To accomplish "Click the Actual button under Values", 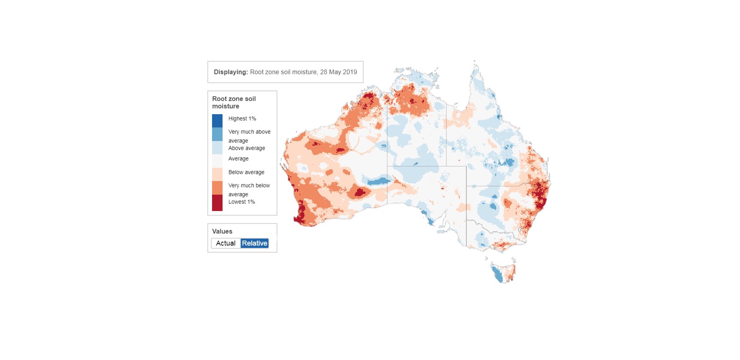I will (x=225, y=243).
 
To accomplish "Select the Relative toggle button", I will (x=255, y=243).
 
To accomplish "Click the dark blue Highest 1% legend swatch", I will (x=217, y=121).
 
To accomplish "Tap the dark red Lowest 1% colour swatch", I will (x=217, y=203).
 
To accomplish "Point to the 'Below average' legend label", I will (x=246, y=172).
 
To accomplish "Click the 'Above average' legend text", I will (x=246, y=148).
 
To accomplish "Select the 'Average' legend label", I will (x=238, y=159).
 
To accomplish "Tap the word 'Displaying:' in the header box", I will (x=230, y=72).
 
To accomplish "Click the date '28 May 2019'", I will (x=338, y=72).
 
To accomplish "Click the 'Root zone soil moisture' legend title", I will (x=234, y=102).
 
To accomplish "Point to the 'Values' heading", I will (x=222, y=231).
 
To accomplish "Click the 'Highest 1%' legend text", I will (x=242, y=119).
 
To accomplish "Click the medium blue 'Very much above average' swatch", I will (x=217, y=134).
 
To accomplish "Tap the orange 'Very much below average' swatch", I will (x=217, y=188).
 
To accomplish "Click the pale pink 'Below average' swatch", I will (x=217, y=174).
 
